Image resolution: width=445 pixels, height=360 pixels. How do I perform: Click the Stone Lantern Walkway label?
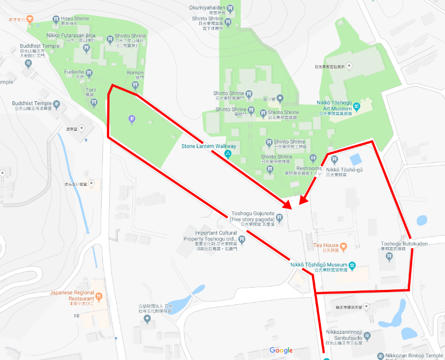click(209, 146)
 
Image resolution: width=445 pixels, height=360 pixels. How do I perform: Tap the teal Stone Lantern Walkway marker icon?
click(228, 154)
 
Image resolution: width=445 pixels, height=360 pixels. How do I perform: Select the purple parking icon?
click(132, 118)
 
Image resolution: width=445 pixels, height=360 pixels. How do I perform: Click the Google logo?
click(281, 350)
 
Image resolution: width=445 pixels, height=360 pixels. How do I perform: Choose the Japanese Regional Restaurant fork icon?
click(98, 297)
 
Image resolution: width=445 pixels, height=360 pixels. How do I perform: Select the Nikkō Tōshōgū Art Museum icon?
click(357, 106)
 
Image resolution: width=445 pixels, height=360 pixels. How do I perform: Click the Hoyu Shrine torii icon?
click(56, 20)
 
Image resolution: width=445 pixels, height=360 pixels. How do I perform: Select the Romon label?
click(135, 73)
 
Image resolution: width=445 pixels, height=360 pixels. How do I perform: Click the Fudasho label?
click(74, 72)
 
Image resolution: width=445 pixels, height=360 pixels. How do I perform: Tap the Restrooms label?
click(309, 168)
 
